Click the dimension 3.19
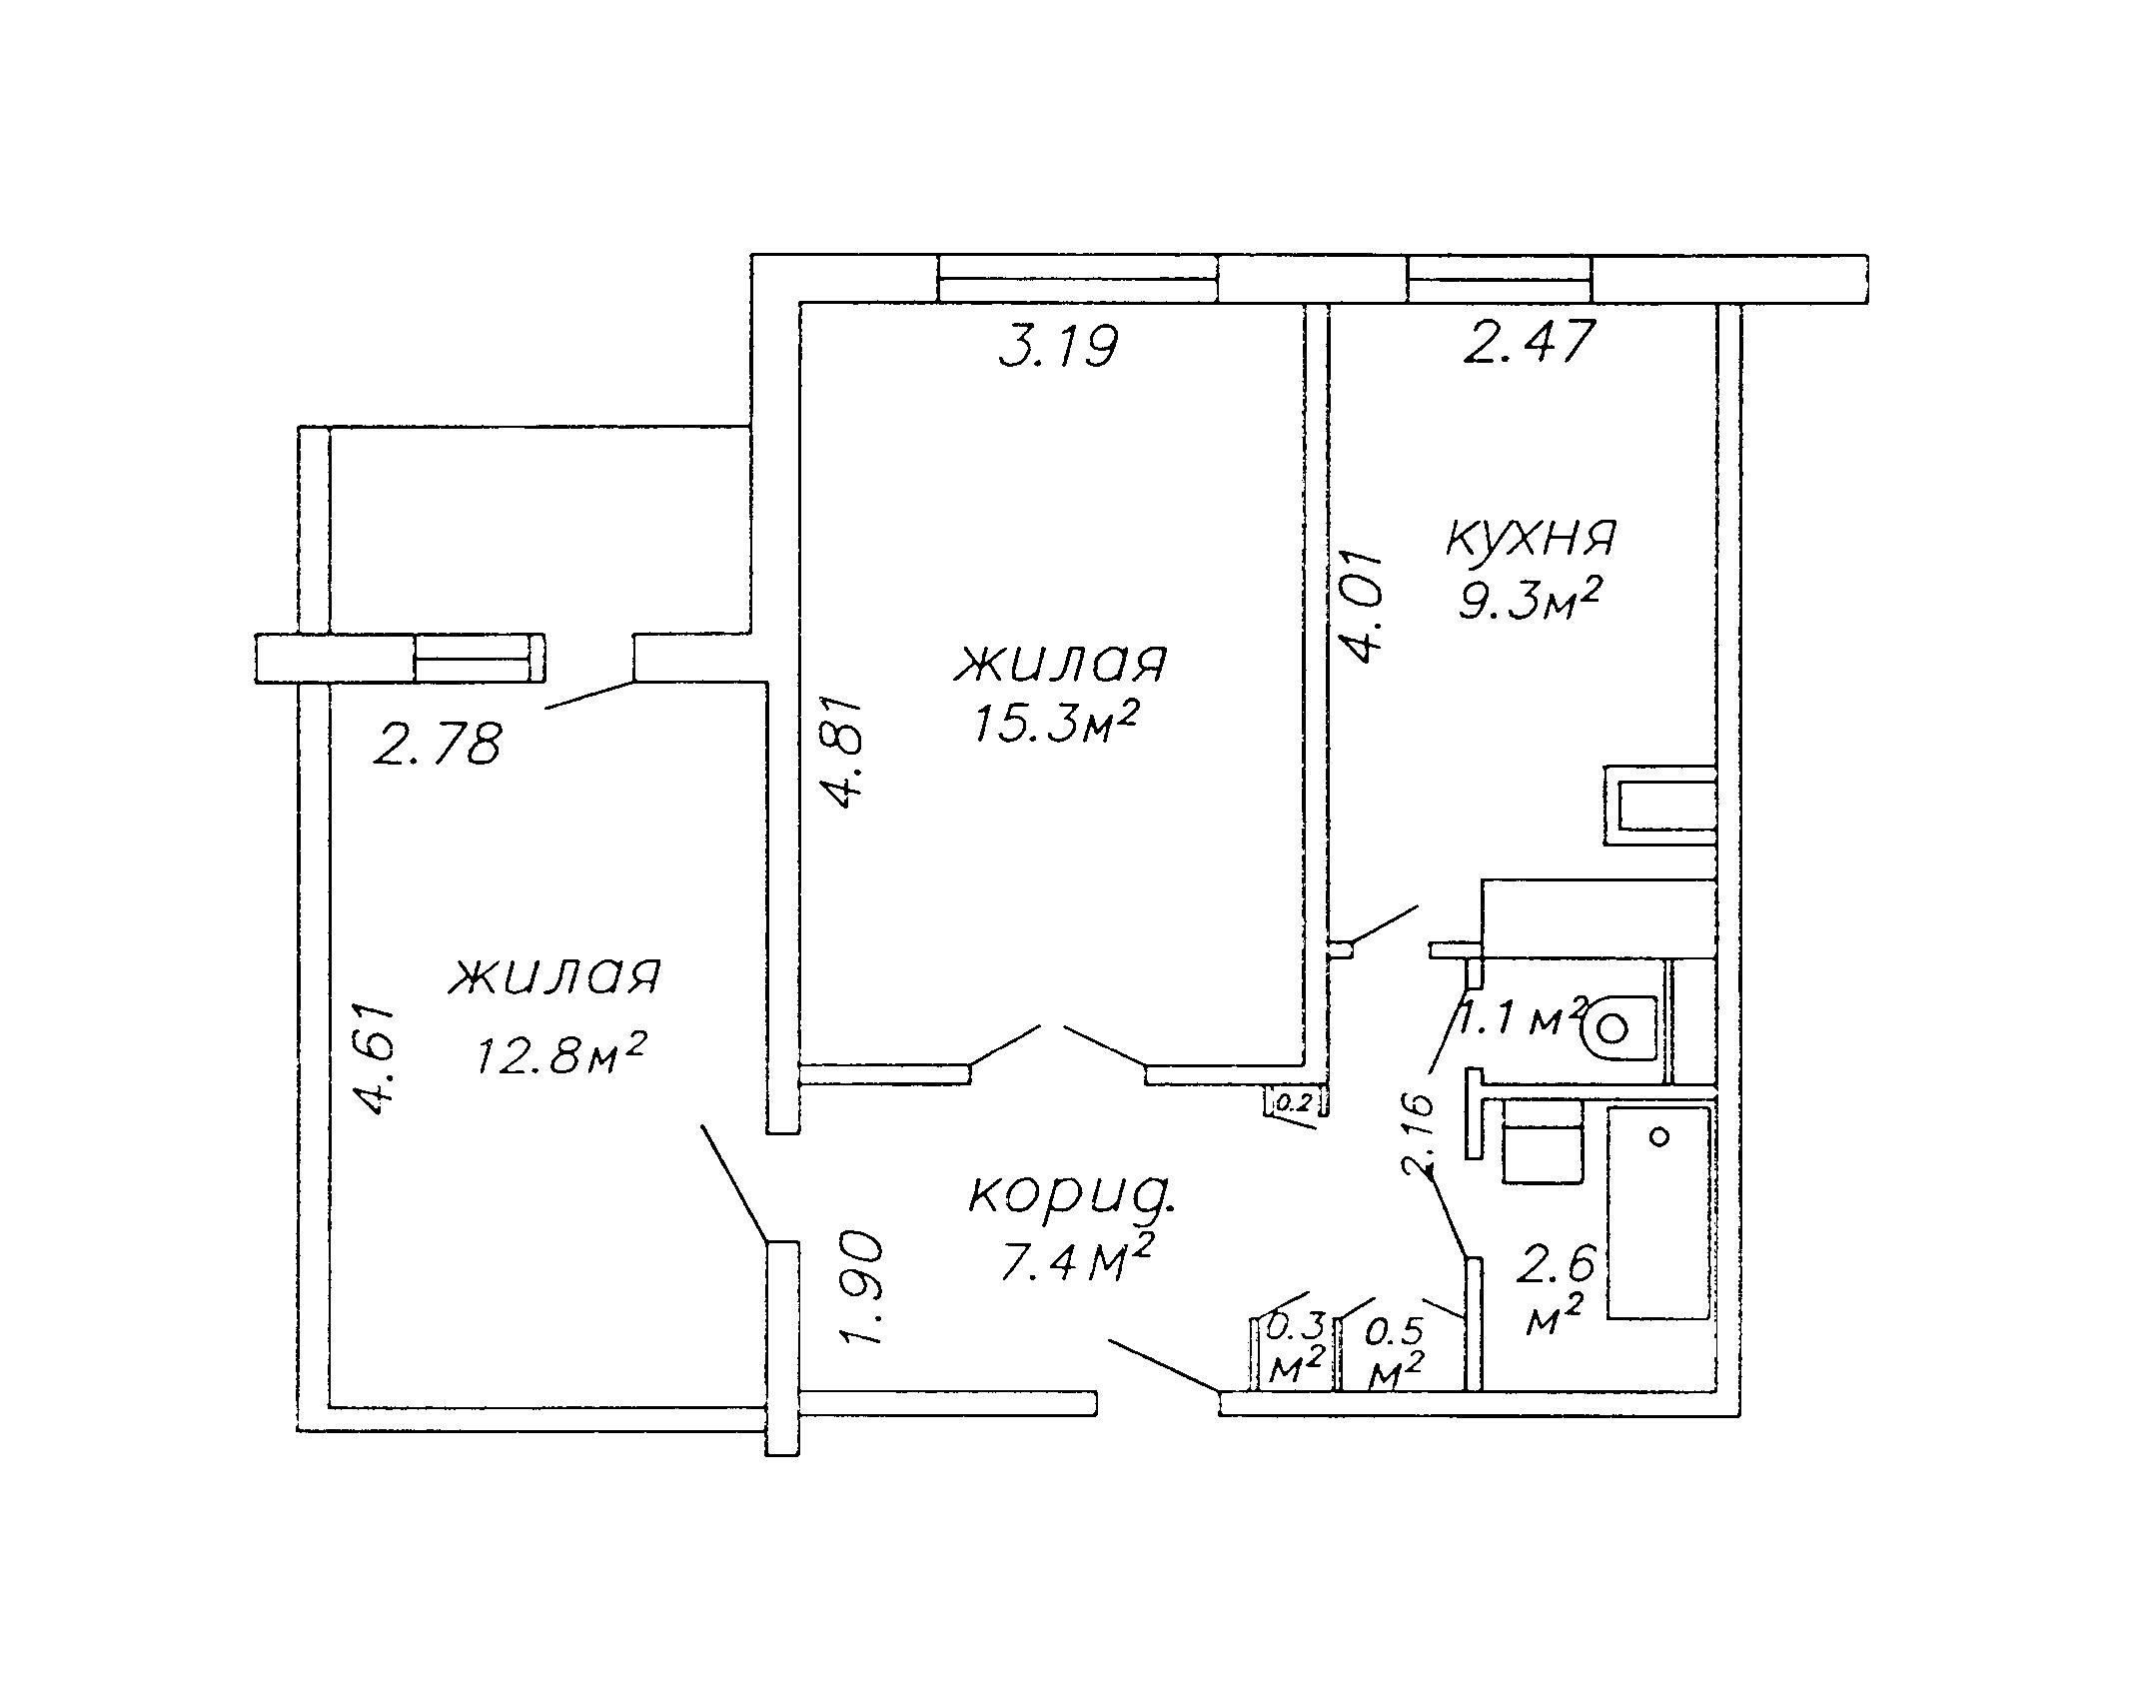[1058, 347]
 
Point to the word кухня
[1531, 538]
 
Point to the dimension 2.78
[437, 745]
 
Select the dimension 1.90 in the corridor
[861, 1289]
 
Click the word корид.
[1072, 1195]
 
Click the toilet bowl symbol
[1619, 1027]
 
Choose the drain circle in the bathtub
[1659, 1137]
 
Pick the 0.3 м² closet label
[1296, 1349]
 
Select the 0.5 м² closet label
[1395, 1354]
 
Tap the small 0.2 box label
[1294, 1103]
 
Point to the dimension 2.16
[1418, 1132]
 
